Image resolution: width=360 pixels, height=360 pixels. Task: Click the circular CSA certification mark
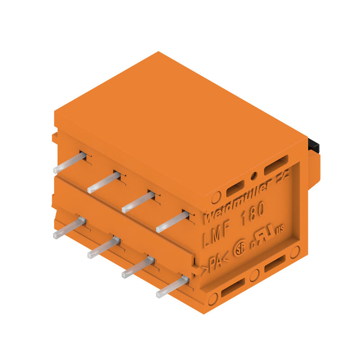[239, 249]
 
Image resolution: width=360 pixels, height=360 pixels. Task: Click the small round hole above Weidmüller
[254, 176]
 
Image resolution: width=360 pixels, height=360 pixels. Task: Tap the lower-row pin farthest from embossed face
[69, 227]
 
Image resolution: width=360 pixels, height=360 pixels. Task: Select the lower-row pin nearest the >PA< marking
[172, 287]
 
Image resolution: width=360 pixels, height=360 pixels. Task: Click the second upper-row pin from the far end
[103, 182]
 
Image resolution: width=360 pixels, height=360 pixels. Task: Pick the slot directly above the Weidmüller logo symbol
[276, 165]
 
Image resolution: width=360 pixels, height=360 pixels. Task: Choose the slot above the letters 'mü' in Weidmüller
[235, 189]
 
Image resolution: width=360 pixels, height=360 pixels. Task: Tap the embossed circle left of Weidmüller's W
[216, 196]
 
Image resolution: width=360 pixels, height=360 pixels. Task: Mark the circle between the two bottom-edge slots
[254, 275]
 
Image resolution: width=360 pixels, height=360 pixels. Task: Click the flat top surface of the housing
[180, 126]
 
